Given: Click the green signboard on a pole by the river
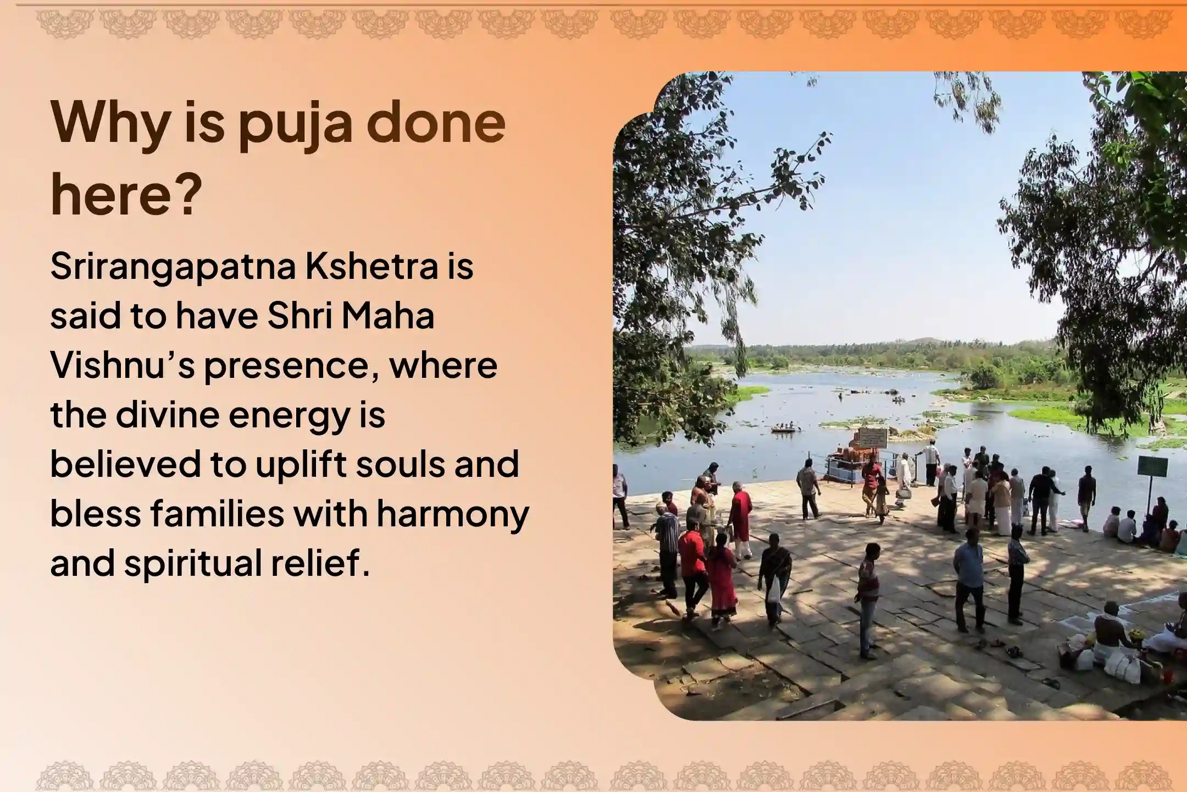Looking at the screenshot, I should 1152,466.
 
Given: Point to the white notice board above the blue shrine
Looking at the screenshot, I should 872,438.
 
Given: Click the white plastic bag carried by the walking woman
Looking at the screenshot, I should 773,592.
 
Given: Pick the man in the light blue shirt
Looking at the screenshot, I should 968,572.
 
